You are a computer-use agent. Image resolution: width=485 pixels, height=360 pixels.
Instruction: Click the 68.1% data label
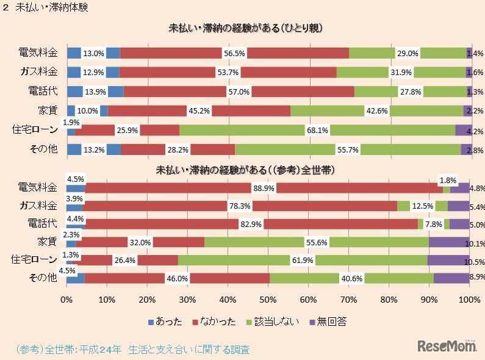coord(317,130)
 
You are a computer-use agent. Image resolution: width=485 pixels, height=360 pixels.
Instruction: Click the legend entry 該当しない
coord(276,321)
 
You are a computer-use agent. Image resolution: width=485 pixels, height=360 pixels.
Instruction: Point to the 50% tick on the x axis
coord(268,300)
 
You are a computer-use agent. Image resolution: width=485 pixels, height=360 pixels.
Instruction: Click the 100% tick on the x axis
coord(469,300)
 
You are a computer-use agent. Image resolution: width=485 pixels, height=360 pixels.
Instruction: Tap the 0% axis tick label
coord(66,300)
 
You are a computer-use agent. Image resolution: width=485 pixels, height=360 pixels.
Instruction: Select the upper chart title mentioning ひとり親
coord(245,28)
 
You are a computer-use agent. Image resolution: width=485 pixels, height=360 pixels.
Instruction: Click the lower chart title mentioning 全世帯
coord(247,168)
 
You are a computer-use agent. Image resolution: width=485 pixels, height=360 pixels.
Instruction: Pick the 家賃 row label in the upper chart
coord(48,110)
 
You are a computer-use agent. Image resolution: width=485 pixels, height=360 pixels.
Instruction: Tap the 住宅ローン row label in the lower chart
coord(35,260)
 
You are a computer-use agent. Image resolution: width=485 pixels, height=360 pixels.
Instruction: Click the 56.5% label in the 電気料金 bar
coord(235,53)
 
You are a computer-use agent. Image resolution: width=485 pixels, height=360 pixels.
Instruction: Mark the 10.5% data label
coord(474,262)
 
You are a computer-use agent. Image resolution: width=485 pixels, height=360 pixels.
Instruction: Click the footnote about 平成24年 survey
coord(132,350)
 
